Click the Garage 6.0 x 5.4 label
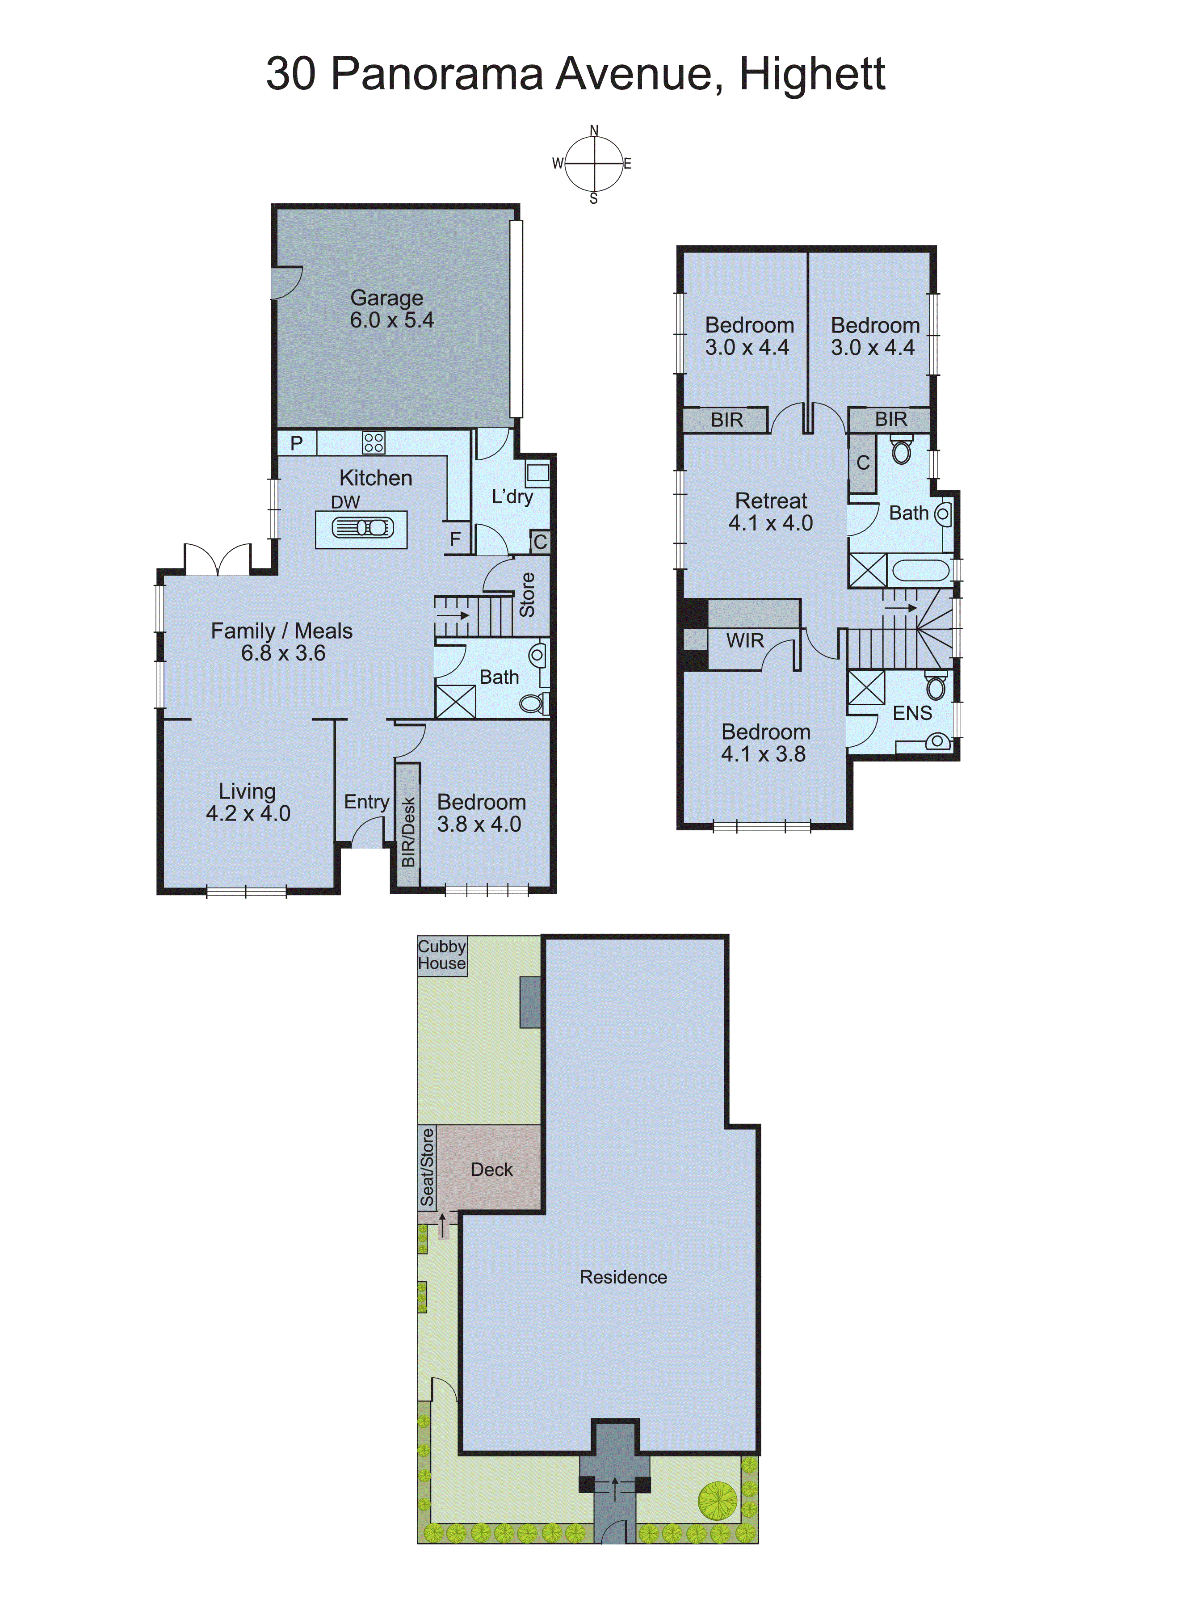(x=391, y=309)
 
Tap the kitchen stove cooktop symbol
(x=374, y=442)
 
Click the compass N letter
(x=593, y=130)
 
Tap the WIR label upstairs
(x=745, y=641)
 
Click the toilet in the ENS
(x=935, y=686)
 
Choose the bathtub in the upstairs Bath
(x=920, y=571)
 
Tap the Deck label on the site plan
(x=491, y=1170)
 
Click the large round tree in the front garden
(x=718, y=1500)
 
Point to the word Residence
(x=623, y=1277)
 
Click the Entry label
(x=366, y=802)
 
